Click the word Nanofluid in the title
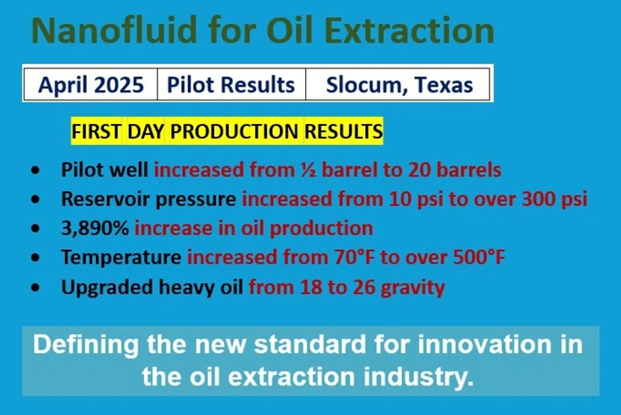[x=114, y=30]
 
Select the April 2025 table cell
[x=91, y=84]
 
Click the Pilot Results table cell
[x=231, y=84]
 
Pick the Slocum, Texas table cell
[x=398, y=84]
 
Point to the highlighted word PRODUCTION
[x=234, y=131]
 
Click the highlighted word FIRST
[x=97, y=131]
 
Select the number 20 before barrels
[x=419, y=170]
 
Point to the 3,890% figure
[x=95, y=229]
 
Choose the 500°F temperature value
[x=479, y=257]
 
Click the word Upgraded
[x=107, y=287]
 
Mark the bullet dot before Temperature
[x=36, y=258]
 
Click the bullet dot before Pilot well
[x=36, y=170]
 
